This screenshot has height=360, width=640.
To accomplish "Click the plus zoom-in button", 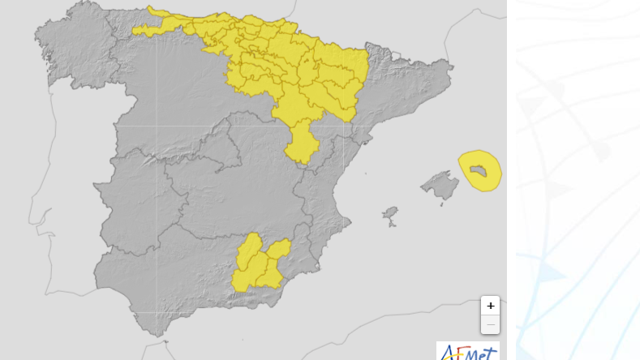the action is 490,306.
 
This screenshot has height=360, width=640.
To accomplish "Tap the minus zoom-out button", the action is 490,324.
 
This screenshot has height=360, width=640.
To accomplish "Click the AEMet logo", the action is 468,351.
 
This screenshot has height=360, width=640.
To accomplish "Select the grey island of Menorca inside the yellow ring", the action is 480,169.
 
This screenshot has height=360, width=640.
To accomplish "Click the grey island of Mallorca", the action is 440,185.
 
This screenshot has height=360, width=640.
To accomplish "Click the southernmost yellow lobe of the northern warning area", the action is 302,145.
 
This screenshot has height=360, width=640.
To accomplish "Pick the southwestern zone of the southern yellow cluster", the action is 243,279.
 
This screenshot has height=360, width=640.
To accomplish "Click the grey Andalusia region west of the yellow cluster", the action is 162,276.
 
